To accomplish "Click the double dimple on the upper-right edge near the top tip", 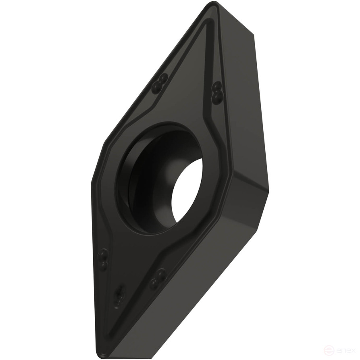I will pos(217,92).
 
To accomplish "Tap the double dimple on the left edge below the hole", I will pos(103,260).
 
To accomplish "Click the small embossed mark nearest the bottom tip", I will pos(118,298).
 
